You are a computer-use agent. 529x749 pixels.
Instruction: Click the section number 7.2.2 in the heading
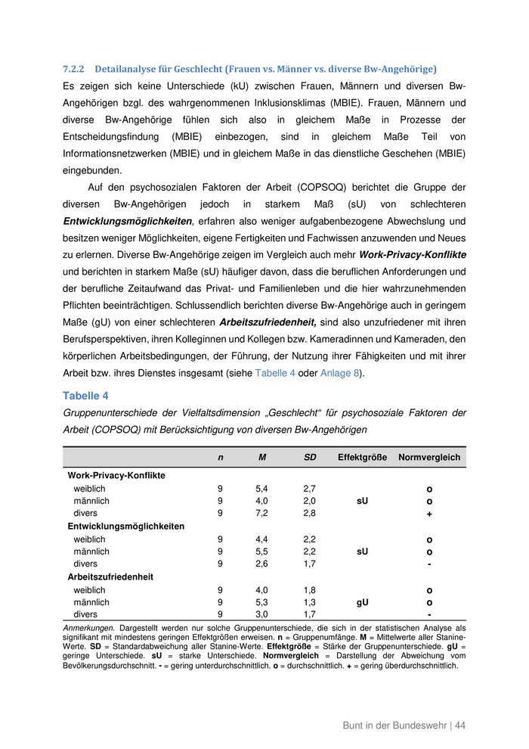pos(73,69)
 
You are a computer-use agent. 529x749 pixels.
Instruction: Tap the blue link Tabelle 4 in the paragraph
pos(275,372)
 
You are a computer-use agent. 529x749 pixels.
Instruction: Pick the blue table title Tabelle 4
pos(85,396)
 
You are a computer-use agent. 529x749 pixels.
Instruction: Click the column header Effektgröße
pos(362,458)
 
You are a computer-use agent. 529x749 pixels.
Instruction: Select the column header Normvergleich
pos(429,458)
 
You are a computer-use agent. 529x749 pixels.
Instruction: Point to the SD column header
pos(310,458)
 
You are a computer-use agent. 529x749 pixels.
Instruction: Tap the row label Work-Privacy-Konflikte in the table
pos(116,476)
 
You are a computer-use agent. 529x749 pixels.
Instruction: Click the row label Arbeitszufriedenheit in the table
pos(110,577)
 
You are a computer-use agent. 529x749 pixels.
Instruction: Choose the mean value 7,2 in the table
pos(262,514)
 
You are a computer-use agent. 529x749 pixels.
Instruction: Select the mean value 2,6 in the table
pos(262,564)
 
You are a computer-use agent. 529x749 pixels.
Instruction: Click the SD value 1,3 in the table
pos(310,602)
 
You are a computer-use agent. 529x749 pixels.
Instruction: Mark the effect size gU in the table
pos(363,602)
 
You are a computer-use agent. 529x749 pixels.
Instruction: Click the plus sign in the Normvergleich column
pos(429,514)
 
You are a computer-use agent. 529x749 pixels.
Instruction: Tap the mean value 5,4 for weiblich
pos(262,489)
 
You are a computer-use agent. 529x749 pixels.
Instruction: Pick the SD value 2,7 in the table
pos(310,489)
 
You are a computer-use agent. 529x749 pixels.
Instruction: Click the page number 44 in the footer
pos(459,726)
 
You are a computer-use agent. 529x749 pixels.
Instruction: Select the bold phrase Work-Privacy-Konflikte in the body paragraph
pos(412,255)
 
